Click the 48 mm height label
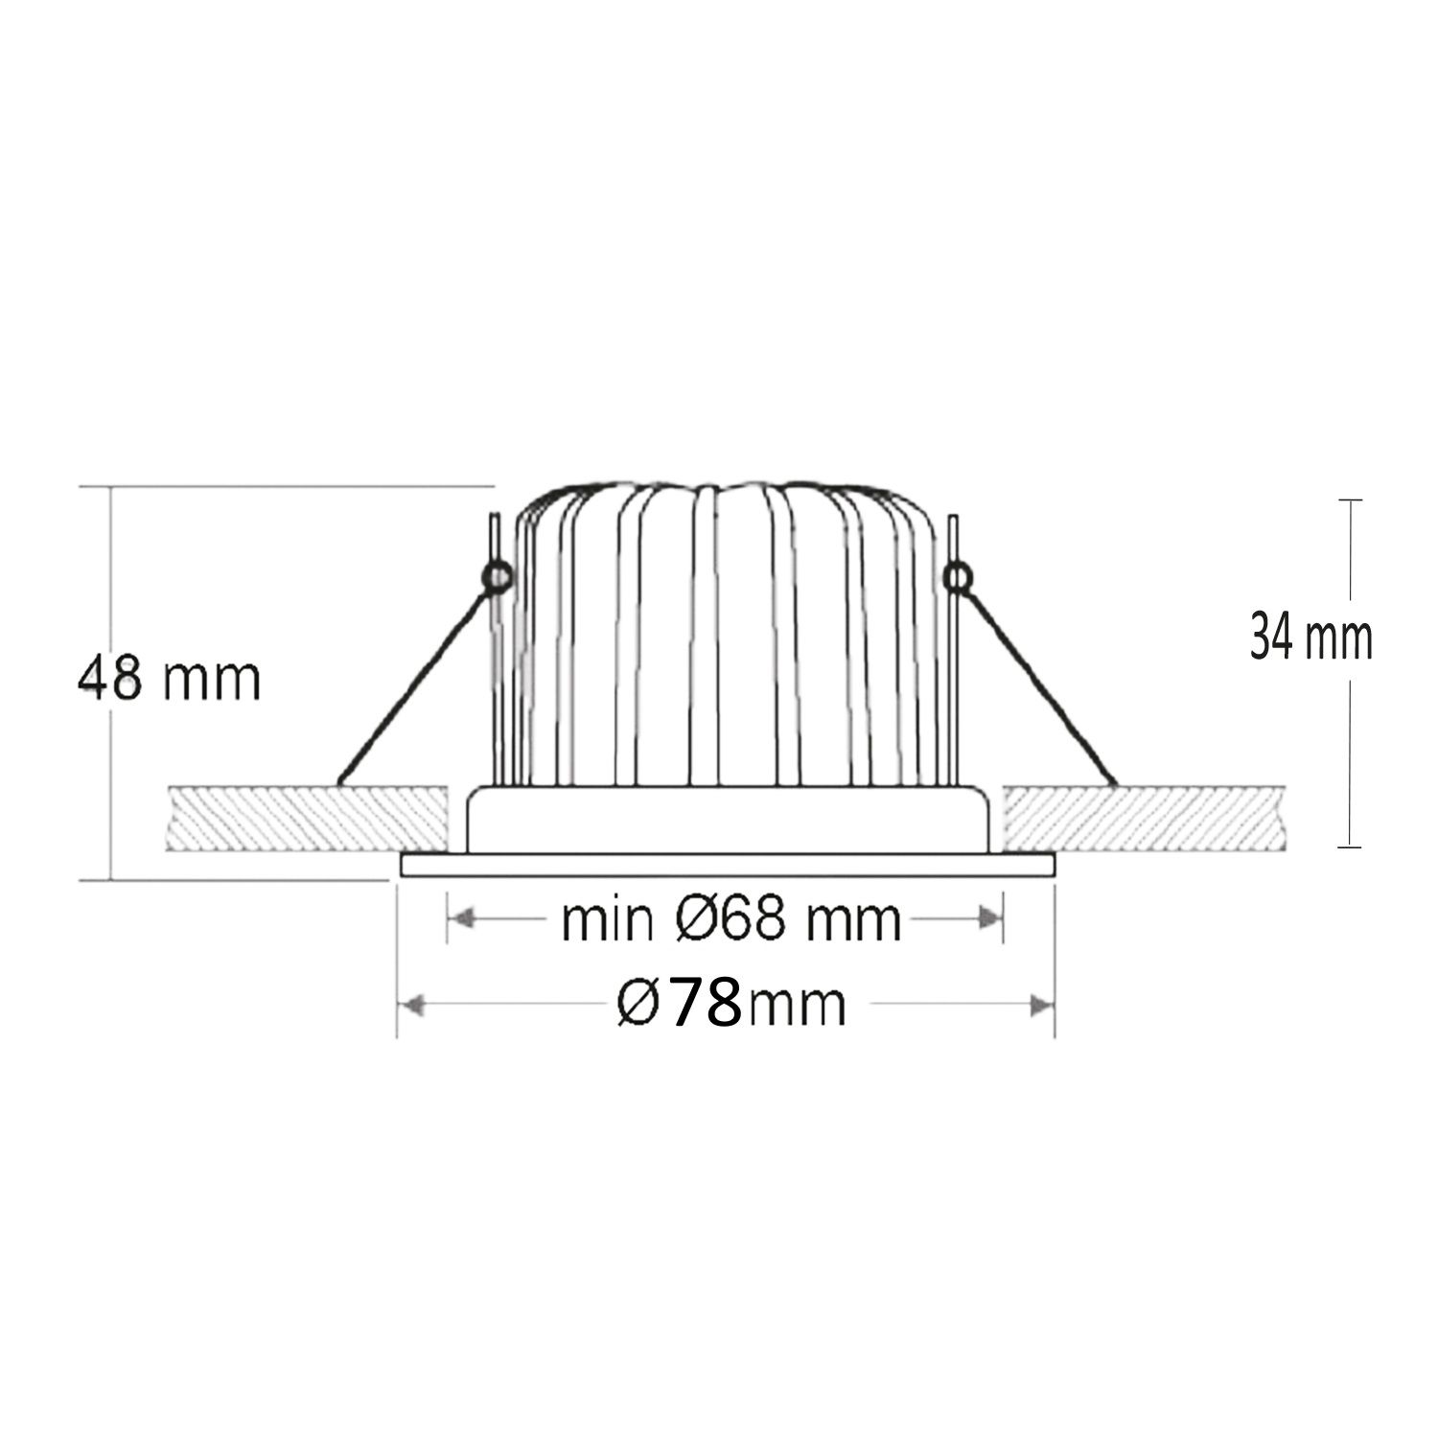pos(169,680)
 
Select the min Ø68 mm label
pos(731,920)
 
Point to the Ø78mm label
pos(731,1004)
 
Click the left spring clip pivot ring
pos(498,576)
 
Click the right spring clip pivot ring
pos(957,576)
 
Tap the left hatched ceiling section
pos(307,819)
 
